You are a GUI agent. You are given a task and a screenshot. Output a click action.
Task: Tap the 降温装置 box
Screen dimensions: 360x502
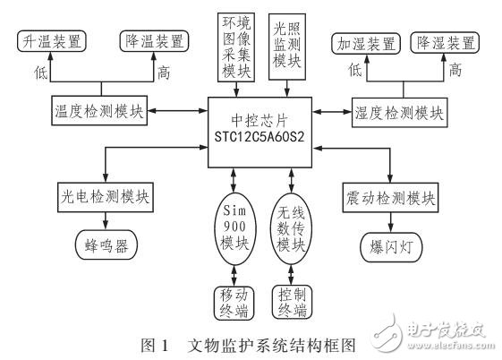(153, 40)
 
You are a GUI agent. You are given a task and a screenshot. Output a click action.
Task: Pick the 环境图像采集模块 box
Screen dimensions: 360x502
(236, 45)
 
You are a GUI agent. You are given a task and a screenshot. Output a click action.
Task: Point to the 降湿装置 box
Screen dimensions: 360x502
(445, 42)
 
